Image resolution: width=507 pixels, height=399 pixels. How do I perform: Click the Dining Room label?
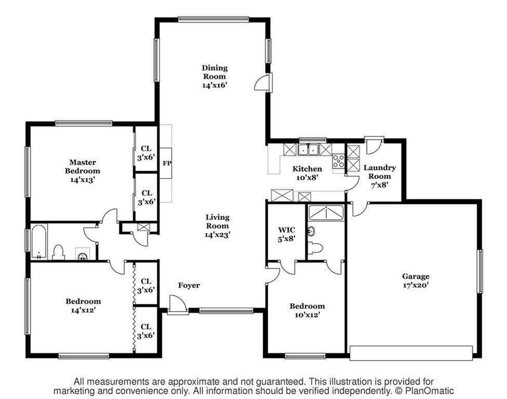215,76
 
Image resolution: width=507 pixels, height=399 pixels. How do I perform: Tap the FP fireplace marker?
167,163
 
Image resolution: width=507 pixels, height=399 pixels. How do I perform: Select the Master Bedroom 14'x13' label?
83,171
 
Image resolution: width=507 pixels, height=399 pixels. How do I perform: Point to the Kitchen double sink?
308,150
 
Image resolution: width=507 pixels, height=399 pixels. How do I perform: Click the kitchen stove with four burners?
339,161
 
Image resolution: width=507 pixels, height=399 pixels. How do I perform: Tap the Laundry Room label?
380,176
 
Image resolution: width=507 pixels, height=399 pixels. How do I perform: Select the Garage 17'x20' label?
416,281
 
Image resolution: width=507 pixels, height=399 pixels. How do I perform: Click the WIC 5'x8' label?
286,234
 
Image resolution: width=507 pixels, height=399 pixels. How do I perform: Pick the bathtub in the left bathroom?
39,242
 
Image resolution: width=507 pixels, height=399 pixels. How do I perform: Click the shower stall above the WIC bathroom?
326,213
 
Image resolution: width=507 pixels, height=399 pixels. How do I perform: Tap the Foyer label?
189,285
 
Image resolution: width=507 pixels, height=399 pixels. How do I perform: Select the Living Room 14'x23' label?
217,226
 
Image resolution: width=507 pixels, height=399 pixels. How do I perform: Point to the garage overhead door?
411,353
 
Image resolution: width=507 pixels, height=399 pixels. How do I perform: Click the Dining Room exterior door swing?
263,82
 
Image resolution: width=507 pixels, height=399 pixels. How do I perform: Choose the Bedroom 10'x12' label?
307,310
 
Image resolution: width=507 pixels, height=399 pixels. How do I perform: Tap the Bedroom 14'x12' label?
83,305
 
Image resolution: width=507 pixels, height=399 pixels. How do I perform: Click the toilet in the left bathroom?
58,252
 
